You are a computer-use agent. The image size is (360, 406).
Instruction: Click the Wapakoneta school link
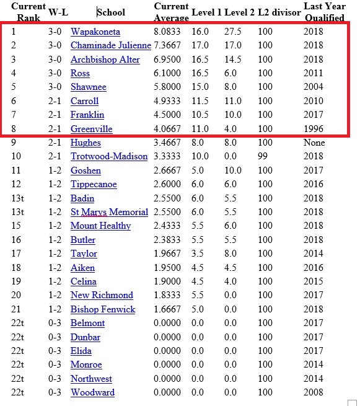[95, 31]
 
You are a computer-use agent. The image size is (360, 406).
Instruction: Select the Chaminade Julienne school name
[110, 45]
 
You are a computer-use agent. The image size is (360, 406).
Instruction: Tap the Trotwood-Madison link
[109, 156]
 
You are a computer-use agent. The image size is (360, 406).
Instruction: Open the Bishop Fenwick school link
[102, 309]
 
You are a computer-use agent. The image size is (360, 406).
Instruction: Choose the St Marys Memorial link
[109, 212]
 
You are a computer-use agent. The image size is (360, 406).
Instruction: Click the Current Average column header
[170, 12]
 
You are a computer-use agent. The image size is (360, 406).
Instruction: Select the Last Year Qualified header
[325, 12]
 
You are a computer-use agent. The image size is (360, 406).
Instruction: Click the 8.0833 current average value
[169, 31]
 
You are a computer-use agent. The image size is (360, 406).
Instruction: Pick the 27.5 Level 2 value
[232, 31]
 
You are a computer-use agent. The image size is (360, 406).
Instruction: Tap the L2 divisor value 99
[262, 156]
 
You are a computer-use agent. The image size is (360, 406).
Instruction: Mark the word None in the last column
[314, 143]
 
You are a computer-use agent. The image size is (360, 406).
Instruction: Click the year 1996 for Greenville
[314, 129]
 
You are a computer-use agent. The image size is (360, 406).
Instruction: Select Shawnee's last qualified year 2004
[314, 87]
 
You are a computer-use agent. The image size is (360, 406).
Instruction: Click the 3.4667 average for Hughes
[169, 143]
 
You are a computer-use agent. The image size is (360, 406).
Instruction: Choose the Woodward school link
[92, 392]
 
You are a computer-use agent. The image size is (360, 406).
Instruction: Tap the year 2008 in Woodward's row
[314, 392]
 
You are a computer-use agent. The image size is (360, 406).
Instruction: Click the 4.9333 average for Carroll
[169, 101]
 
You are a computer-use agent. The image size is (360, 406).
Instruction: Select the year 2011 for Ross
[314, 73]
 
